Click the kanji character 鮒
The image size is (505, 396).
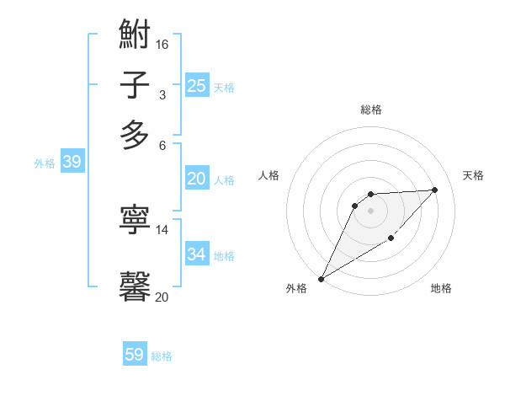point(135,36)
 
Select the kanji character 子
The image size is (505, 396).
point(135,85)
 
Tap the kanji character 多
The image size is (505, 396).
point(135,135)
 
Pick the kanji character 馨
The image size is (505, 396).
point(135,285)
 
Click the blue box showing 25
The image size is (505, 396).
point(196,85)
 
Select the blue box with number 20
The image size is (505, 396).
point(196,179)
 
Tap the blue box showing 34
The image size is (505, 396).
point(196,254)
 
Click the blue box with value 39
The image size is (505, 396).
point(72,163)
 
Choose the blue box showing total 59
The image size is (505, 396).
point(135,355)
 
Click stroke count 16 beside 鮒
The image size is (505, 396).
point(162,44)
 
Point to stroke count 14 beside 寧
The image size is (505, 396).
point(162,229)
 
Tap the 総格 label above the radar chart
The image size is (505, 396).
point(371,110)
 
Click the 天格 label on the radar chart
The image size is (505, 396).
point(473,175)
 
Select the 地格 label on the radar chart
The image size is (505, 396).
point(441,288)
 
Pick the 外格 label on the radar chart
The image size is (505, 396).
point(296,288)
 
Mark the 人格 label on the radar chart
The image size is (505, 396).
point(269,175)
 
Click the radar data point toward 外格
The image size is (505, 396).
point(321,278)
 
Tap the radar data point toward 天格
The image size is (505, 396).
point(434,190)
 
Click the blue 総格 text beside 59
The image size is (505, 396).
point(162,356)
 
